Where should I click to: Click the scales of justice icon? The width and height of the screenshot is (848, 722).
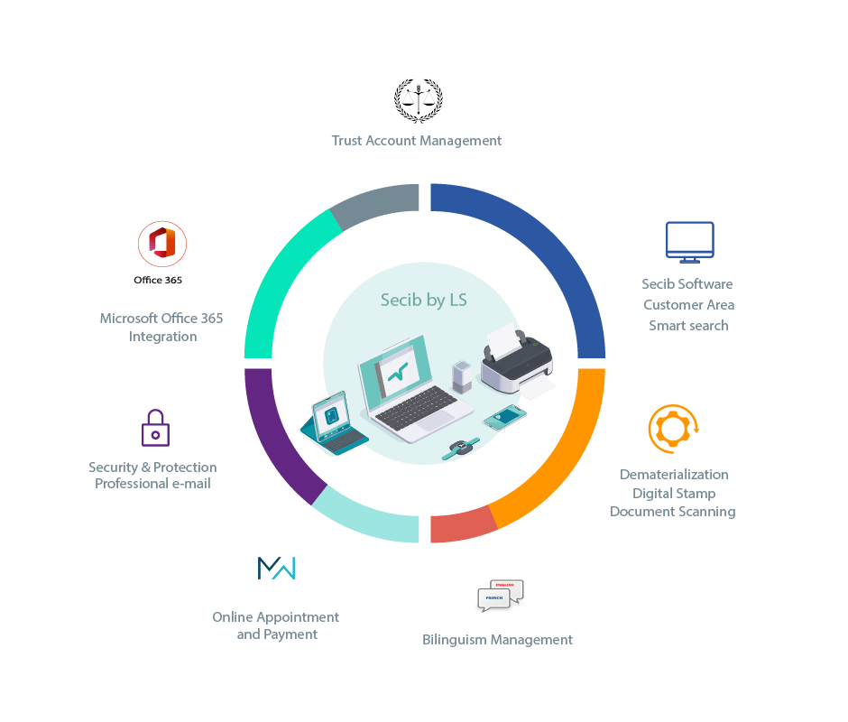coord(418,101)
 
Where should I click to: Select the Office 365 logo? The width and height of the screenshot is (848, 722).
coord(161,244)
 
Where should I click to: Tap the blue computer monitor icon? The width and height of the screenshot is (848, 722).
coord(689,243)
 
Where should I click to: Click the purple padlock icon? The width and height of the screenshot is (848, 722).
coord(156,428)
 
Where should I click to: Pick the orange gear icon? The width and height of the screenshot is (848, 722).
coord(673,429)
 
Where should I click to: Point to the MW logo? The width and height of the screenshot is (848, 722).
coord(276,568)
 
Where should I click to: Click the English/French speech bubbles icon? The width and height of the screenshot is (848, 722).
coord(501,596)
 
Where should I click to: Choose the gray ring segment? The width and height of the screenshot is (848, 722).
coord(379,203)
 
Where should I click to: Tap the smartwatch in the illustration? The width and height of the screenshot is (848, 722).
coord(461,449)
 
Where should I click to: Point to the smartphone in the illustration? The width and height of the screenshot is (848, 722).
coord(504,417)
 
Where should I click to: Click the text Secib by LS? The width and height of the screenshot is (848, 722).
coord(423,300)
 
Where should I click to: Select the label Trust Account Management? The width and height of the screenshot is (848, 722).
coord(417,141)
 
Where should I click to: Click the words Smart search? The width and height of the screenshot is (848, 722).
coord(688,326)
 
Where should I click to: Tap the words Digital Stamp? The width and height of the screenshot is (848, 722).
coord(674,494)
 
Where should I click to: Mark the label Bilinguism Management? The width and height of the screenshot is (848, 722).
coord(497,640)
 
